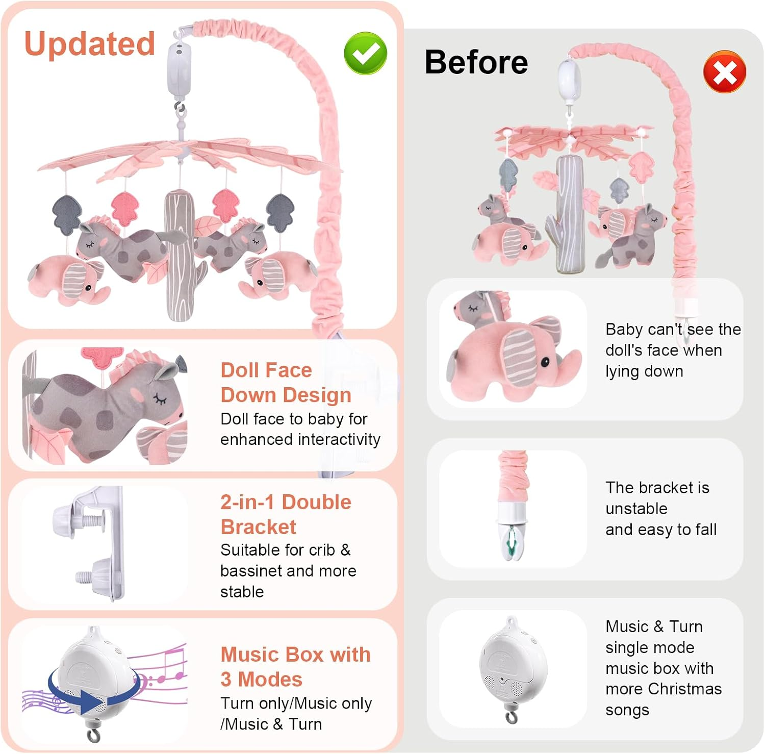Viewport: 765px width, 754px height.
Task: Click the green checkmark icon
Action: click(365, 53)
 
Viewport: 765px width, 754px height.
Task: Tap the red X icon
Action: click(724, 72)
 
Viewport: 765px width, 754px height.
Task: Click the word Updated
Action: click(90, 44)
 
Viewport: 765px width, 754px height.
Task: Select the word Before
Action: click(476, 62)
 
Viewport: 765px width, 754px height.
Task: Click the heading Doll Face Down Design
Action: click(286, 382)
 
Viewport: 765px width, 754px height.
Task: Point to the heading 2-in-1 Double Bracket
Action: click(286, 514)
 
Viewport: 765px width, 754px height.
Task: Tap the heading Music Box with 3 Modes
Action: click(295, 666)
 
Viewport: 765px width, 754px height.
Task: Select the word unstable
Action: click(636, 509)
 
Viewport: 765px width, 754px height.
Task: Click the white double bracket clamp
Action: click(97, 543)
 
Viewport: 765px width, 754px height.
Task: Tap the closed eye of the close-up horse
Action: click(161, 399)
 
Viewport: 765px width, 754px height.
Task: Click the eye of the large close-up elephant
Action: click(545, 362)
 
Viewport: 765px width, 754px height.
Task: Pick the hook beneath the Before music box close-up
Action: click(511, 716)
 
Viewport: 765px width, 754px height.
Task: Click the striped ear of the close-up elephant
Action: click(517, 357)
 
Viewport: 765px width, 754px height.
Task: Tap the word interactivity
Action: click(339, 439)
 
